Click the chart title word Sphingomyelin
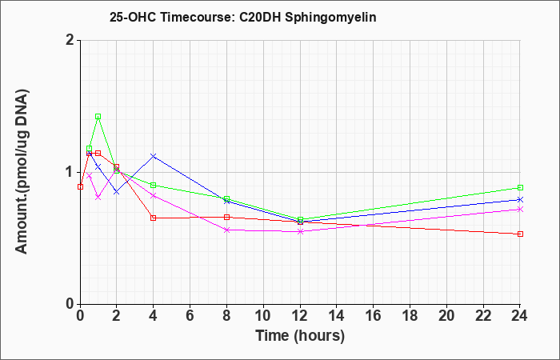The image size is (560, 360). click(x=330, y=18)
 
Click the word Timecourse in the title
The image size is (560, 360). click(x=195, y=17)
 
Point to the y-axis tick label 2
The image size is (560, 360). click(x=70, y=40)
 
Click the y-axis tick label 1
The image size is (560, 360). click(x=70, y=172)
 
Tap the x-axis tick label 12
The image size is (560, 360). click(x=300, y=316)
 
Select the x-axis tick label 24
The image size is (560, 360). click(x=520, y=316)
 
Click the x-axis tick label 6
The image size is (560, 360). click(x=190, y=316)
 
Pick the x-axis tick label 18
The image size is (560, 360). click(x=410, y=316)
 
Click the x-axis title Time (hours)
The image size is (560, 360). click(x=300, y=336)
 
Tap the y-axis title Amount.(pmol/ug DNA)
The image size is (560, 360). click(x=22, y=172)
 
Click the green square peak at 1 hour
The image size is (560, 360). click(x=98, y=117)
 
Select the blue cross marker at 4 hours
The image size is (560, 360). click(x=154, y=156)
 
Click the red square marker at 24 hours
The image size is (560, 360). click(x=520, y=234)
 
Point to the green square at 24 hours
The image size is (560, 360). click(x=520, y=187)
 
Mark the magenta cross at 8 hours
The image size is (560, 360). click(x=226, y=230)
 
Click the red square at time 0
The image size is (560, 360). click(x=80, y=186)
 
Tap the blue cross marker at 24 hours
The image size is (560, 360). click(x=520, y=200)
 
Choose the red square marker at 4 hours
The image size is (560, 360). click(x=154, y=218)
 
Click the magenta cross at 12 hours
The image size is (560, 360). click(x=300, y=231)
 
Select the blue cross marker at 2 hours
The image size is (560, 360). click(x=116, y=192)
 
